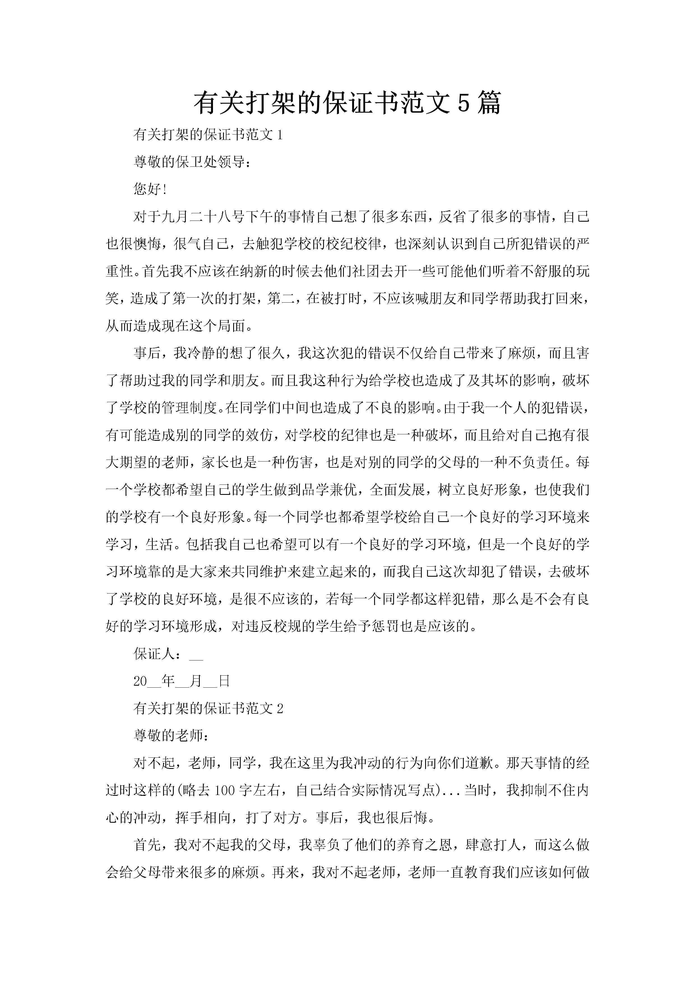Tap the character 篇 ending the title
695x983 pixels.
click(x=488, y=103)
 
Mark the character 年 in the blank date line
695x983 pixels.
click(x=168, y=681)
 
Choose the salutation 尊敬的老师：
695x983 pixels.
click(x=171, y=736)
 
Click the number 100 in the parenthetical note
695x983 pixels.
click(x=224, y=790)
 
